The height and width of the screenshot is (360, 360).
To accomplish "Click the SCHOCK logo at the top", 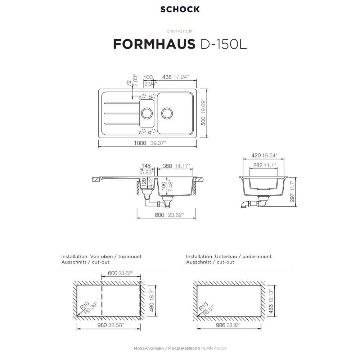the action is point(180,9).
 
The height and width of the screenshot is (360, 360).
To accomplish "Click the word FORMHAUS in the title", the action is point(154,44).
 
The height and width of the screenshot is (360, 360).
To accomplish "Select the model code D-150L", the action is point(224,44).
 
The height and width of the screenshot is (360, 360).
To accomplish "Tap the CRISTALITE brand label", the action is point(180,31).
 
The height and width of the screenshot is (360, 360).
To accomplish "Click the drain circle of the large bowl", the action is point(167,113).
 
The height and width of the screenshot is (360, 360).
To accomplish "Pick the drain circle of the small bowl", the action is point(147,113).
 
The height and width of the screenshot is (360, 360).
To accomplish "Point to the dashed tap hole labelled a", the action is point(144,96).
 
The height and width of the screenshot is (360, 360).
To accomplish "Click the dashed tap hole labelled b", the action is point(154,96).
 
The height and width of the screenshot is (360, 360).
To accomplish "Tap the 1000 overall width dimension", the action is point(140,143).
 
